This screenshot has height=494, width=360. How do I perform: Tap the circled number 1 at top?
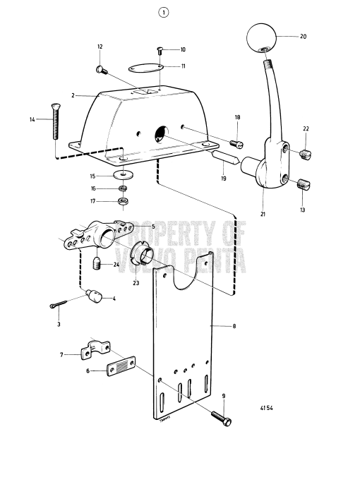(163, 12)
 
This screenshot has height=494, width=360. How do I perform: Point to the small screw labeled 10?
(160, 51)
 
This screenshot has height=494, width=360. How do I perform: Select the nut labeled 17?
(123, 202)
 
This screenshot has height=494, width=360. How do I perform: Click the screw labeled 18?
(237, 141)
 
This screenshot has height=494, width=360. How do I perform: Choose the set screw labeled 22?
(306, 155)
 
